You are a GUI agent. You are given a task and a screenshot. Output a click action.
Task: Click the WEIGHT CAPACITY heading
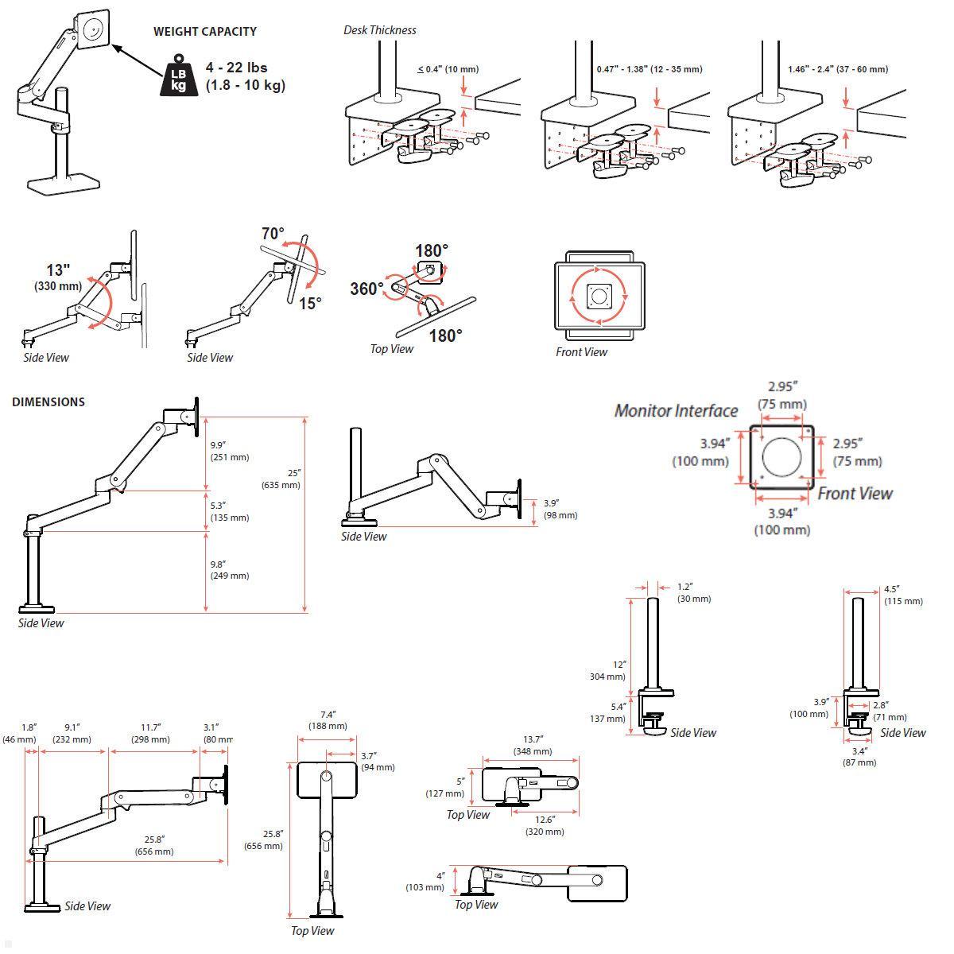pos(204,32)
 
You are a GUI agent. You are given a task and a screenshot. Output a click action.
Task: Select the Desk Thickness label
pos(379,30)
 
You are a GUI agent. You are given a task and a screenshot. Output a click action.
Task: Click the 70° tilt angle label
pos(273,234)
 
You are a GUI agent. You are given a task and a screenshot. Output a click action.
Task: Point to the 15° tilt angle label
pos(310,303)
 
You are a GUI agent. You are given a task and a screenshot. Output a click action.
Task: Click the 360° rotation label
pos(366,288)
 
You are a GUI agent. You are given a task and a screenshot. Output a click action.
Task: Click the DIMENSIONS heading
pos(48,401)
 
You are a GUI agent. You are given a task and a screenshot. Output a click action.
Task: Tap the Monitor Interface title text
pos(676,410)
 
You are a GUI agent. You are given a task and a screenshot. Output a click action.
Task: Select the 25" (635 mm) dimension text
pos(283,479)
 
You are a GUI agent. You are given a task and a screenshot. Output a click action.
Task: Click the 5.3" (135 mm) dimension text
pos(229,511)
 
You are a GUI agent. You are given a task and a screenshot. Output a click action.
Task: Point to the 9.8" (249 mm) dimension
pos(229,569)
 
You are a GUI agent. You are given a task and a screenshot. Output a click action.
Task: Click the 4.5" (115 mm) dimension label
pos(902,595)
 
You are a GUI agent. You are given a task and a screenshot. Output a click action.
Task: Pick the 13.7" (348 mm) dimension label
pos(533,745)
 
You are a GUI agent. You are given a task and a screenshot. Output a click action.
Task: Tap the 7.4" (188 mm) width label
pos(328,719)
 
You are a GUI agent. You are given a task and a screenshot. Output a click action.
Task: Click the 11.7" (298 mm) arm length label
pos(150,733)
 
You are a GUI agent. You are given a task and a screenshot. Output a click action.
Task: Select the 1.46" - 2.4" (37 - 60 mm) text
pos(838,69)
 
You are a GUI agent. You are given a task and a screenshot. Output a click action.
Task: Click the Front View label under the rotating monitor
pos(581,352)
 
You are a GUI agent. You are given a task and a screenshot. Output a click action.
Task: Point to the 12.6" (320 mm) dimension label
pos(545,825)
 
